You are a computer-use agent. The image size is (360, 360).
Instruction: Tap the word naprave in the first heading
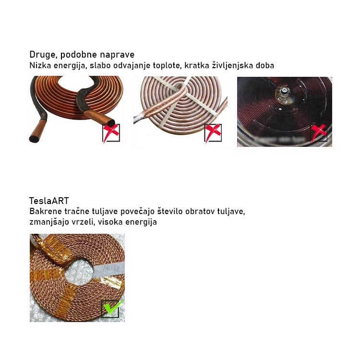(117, 55)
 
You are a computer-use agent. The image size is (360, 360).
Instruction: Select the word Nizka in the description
(40, 65)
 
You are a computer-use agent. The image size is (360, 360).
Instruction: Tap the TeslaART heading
(49, 201)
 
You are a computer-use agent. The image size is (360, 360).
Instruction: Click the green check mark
(112, 308)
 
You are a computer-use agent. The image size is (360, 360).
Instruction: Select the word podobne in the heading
(82, 55)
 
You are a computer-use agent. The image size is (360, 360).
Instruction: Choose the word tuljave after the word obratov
(232, 211)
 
